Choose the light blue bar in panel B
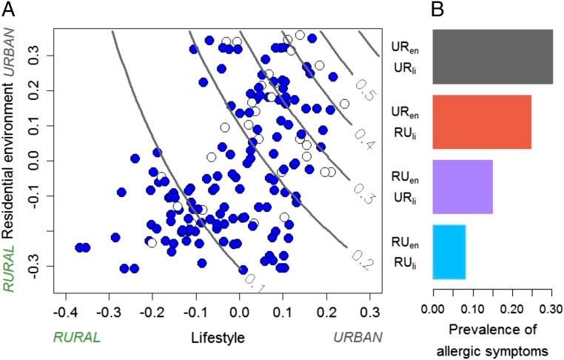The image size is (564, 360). [x=449, y=252]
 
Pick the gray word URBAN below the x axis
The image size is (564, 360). [x=357, y=338]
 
